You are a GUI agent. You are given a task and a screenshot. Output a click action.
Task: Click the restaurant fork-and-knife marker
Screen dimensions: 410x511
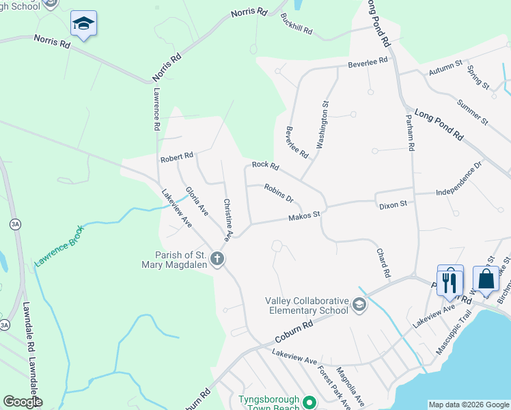click(x=449, y=281)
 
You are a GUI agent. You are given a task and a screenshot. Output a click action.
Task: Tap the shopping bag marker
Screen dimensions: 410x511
click(x=486, y=279)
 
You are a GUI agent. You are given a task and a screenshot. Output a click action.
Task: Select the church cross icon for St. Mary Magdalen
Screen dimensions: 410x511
click(x=217, y=258)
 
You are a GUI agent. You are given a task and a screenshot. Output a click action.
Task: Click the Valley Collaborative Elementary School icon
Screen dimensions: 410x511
click(x=359, y=305)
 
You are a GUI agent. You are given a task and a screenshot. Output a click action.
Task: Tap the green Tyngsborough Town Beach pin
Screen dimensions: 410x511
click(x=309, y=402)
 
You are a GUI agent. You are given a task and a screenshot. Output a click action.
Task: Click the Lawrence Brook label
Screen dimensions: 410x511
click(x=59, y=245)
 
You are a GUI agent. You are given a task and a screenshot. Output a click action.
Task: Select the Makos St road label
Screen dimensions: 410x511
click(x=304, y=216)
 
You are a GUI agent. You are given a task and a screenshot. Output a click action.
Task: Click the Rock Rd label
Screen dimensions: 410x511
click(x=265, y=165)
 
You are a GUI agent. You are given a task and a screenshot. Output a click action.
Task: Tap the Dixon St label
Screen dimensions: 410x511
click(x=393, y=204)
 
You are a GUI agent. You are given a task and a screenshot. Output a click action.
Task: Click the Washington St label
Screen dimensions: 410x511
click(x=323, y=125)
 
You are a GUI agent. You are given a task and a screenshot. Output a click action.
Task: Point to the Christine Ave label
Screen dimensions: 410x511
click(x=227, y=219)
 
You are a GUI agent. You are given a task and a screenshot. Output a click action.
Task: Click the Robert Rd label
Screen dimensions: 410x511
click(x=177, y=157)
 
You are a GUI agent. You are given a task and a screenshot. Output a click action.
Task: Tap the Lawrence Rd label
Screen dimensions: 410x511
click(x=156, y=109)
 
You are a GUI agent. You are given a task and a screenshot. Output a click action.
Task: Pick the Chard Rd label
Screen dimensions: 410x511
click(x=383, y=262)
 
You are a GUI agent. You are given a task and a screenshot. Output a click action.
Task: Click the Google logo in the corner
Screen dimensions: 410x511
click(x=23, y=402)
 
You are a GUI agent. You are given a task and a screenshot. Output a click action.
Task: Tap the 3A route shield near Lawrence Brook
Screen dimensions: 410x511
click(x=15, y=223)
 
